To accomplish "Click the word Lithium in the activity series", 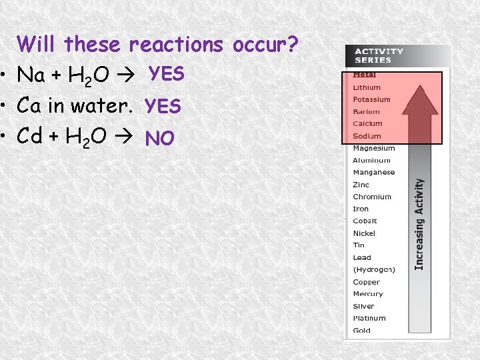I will click(367, 87).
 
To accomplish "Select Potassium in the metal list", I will click(371, 99).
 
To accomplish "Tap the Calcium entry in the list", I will click(367, 123).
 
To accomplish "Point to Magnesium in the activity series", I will click(373, 148).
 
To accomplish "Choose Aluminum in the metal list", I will click(371, 160).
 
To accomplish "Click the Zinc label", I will click(361, 185).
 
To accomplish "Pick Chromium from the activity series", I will click(372, 197).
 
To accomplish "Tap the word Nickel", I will click(364, 233).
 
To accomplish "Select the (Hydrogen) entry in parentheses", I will click(374, 269).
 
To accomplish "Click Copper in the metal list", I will click(366, 282).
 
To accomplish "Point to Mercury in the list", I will click(368, 294).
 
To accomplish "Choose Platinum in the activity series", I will click(369, 318).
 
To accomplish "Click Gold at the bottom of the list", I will click(361, 331).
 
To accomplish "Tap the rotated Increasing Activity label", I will click(420, 223).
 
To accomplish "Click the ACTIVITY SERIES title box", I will click(379, 55).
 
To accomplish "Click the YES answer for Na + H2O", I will click(166, 74).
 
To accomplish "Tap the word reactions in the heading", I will click(177, 45).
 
